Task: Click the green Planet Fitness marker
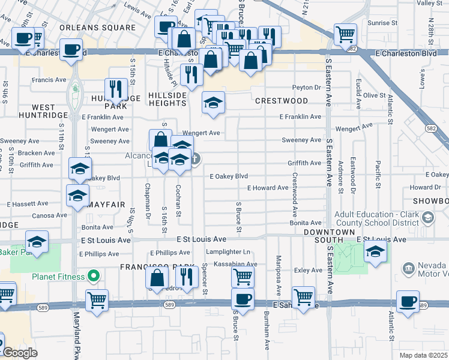(93, 276)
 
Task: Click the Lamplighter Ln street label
(228, 251)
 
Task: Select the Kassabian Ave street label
(231, 264)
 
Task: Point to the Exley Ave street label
(309, 271)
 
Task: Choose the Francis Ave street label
(49, 80)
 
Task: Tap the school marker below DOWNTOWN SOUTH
(375, 252)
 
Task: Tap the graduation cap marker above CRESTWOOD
(213, 103)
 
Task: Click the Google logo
(20, 353)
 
